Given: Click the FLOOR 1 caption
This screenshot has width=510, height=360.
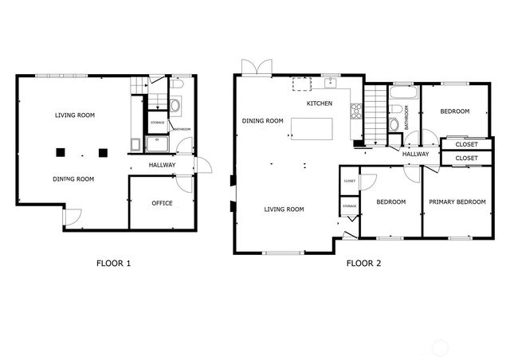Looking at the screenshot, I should coord(113,263).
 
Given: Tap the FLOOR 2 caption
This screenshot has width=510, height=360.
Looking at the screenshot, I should coord(363,263).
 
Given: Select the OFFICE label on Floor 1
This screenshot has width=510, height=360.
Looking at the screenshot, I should coord(162,203).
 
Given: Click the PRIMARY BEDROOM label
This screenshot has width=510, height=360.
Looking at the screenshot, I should coord(457,202).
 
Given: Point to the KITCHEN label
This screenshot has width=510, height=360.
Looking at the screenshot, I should coord(320,104).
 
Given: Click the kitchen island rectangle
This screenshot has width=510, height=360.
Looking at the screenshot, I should coord(312,128).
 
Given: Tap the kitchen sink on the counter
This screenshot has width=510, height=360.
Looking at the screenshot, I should coord(329,82).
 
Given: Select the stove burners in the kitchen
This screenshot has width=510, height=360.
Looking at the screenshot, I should coord(356,112).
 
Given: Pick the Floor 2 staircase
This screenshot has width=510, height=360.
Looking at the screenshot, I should coord(374,112).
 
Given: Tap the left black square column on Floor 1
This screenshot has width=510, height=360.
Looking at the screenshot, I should coord(60,152).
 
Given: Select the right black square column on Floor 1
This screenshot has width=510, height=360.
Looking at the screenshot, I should coord(101,152).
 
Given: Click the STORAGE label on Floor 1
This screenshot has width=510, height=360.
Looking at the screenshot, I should coord(157,123).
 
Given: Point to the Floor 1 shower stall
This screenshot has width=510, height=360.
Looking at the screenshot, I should coord(156,144).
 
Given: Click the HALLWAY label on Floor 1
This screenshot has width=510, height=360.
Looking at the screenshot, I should coord(162,166).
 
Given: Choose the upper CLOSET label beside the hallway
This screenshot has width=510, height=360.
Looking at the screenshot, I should coord(466,145).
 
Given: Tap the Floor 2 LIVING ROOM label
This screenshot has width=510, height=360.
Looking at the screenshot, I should coord(284,209).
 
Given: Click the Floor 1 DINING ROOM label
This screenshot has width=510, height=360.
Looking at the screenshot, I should coord(73,179).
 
